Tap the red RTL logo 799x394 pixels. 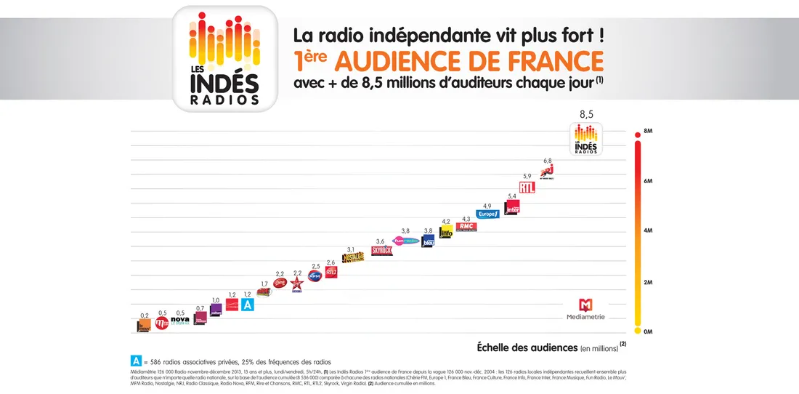click(x=527, y=187)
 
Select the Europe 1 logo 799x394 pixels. click(x=487, y=214)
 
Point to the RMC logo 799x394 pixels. click(x=466, y=226)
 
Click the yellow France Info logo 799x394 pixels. click(x=446, y=232)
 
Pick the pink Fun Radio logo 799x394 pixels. click(x=405, y=241)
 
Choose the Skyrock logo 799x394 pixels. click(x=381, y=250)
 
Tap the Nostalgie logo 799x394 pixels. click(x=352, y=258)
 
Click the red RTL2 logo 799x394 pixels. click(x=331, y=272)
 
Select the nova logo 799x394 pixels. click(x=179, y=321)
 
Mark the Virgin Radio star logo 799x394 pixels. click(x=297, y=284)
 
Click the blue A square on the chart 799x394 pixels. click(x=248, y=305)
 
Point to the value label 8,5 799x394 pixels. click(x=586, y=114)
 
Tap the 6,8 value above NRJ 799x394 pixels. click(x=547, y=161)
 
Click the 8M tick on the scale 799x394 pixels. click(x=648, y=132)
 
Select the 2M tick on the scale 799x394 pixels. click(x=648, y=281)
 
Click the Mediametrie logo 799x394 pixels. click(x=585, y=309)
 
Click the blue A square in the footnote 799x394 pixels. click(x=136, y=361)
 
